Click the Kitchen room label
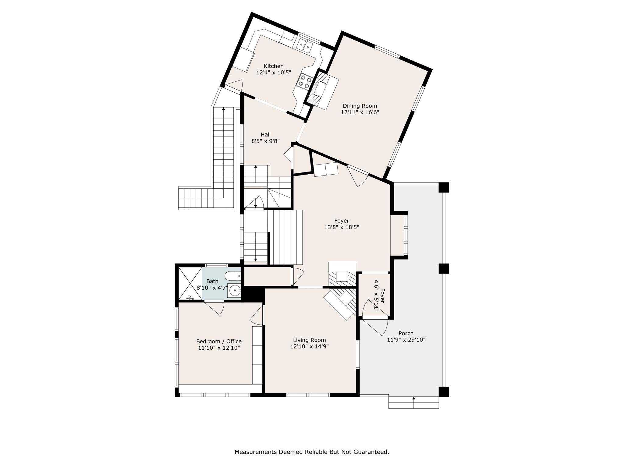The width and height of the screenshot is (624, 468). tap(273, 66)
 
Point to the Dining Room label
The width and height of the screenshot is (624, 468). tap(360, 106)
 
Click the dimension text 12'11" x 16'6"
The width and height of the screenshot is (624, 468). tap(360, 112)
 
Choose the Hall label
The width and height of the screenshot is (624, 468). tap(265, 135)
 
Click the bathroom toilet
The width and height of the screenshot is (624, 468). tap(232, 276)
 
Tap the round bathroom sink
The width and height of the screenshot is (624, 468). tap(235, 291)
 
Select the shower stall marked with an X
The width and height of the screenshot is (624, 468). tap(190, 283)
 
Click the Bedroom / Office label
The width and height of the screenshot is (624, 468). tap(219, 342)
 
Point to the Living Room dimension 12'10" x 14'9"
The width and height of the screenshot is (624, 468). tap(309, 346)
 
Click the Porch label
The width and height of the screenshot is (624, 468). tap(406, 333)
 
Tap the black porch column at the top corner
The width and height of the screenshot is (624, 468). tap(444, 187)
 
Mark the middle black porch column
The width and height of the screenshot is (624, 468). tap(444, 268)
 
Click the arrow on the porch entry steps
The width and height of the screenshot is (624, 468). tap(413, 399)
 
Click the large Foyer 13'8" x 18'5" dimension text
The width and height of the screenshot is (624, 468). tap(342, 227)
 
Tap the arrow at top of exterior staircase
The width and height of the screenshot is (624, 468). tap(224, 108)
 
